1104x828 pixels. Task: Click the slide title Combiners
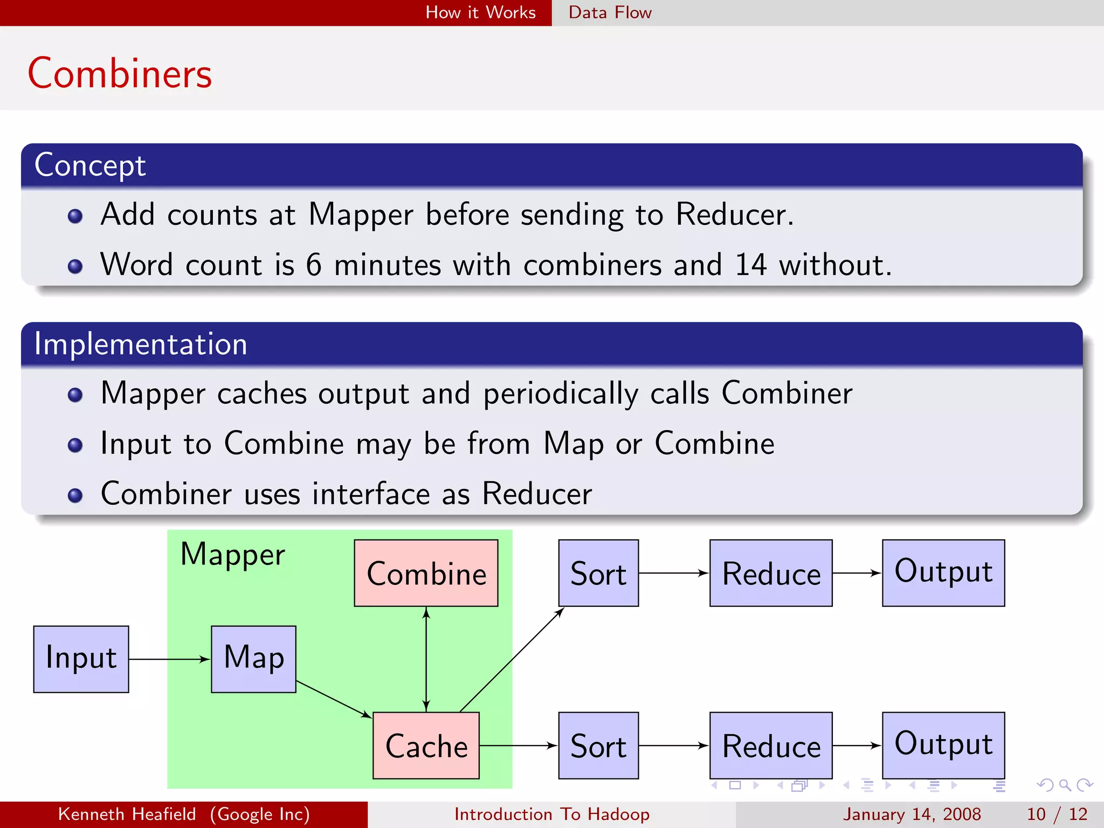click(120, 73)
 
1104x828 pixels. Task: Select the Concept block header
click(91, 165)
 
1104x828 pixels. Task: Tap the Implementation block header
click(141, 344)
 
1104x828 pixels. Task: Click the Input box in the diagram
click(81, 659)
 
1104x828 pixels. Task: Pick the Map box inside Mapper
click(253, 659)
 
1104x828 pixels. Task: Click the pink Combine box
click(426, 573)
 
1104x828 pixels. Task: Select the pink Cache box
click(426, 746)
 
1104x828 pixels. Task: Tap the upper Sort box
click(598, 573)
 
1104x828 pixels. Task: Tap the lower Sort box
click(598, 746)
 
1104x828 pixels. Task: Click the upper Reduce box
click(771, 573)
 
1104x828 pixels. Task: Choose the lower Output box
click(943, 746)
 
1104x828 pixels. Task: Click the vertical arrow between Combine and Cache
click(426, 659)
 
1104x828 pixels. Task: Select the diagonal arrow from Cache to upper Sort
click(512, 659)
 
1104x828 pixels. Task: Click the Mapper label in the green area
click(232, 555)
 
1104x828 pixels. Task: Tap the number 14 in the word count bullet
click(750, 265)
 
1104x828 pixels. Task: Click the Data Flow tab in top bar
click(610, 12)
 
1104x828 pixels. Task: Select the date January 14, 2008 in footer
click(912, 814)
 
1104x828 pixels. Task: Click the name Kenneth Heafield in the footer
click(127, 814)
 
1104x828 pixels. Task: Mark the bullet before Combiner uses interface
click(75, 495)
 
